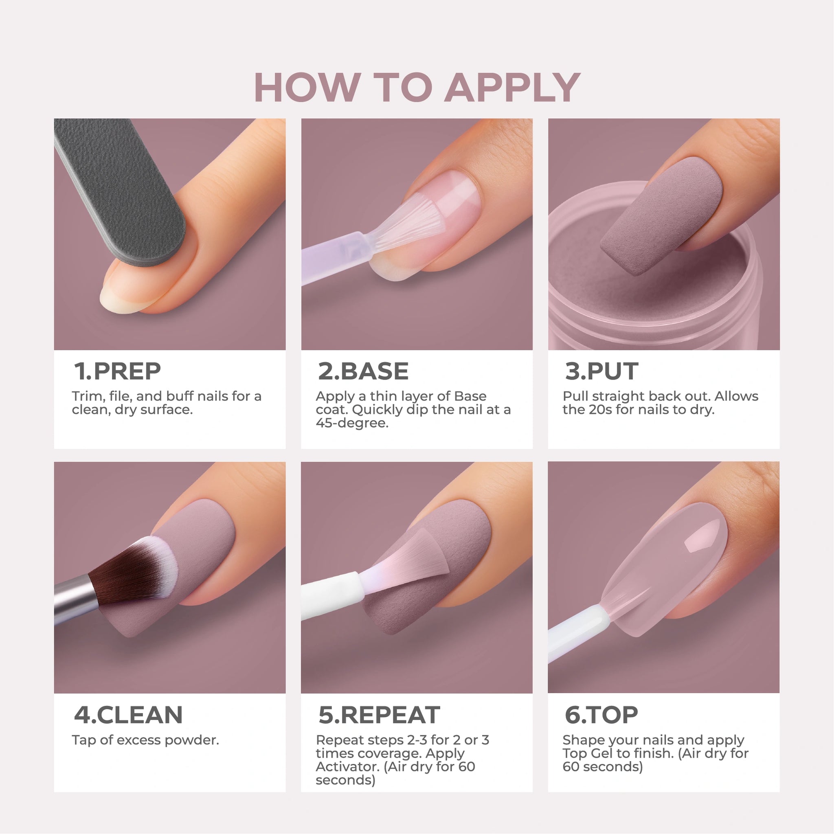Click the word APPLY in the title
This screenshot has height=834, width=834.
coord(512,87)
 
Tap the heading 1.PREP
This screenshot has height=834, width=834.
coord(117,371)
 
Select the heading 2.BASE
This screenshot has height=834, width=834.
coord(363,371)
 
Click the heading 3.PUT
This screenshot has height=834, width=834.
coord(601,371)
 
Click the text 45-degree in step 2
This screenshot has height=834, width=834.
coord(352,423)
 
